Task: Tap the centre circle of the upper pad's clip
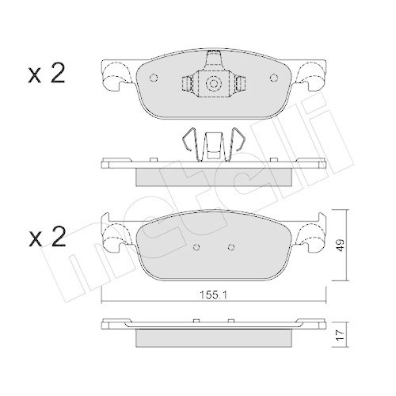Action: [x=213, y=84]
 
